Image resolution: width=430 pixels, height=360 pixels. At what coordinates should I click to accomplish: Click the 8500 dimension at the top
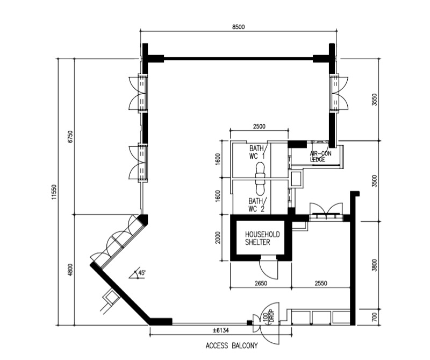[x=238, y=27]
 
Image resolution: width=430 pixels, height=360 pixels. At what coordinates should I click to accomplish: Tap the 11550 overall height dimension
[x=54, y=192]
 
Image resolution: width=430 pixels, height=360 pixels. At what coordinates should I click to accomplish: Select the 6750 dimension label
[x=70, y=137]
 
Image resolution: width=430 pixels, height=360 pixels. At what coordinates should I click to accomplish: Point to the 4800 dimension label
[x=70, y=270]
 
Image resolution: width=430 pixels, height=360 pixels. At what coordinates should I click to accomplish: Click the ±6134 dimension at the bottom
[x=221, y=330]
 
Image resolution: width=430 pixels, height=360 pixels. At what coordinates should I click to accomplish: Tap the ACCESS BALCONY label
[x=232, y=345]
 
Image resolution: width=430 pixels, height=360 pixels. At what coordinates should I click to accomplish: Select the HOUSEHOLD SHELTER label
[x=262, y=238]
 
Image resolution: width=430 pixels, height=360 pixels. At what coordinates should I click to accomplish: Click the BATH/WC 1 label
[x=257, y=152]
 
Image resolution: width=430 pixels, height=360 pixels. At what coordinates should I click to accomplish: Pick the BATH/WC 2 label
[x=256, y=205]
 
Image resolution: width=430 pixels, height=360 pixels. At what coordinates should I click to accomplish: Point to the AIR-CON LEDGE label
[x=320, y=157]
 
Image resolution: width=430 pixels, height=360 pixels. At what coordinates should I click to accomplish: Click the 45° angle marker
[x=139, y=274]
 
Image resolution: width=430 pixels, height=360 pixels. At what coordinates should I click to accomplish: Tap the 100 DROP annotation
[x=268, y=317]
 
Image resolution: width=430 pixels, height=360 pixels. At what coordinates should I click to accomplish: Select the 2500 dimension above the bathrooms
[x=259, y=126]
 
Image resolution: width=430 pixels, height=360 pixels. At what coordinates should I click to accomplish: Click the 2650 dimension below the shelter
[x=261, y=283]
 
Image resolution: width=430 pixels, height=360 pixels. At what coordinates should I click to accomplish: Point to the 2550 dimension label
[x=320, y=283]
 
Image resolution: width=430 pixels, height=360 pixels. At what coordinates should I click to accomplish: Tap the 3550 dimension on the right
[x=375, y=100]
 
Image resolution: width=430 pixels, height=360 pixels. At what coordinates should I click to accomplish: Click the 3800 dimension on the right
[x=375, y=265]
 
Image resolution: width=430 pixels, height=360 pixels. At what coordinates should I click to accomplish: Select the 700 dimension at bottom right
[x=375, y=317]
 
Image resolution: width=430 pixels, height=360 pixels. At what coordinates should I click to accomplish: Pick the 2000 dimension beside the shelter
[x=218, y=238]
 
